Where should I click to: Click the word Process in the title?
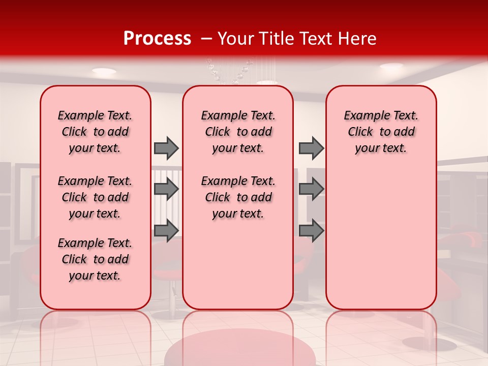(x=157, y=39)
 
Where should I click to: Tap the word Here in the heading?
(x=356, y=39)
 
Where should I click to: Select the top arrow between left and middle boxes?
(x=166, y=148)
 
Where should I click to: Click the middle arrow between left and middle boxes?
(x=166, y=189)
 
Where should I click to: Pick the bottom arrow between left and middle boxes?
(x=166, y=231)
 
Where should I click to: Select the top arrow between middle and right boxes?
(x=311, y=148)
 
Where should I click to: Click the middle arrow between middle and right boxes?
(x=311, y=189)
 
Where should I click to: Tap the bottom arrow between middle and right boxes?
(x=311, y=231)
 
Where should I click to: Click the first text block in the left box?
(x=95, y=132)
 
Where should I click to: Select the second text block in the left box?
(x=95, y=197)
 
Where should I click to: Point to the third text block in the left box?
(x=95, y=259)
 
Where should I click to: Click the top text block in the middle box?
(x=238, y=132)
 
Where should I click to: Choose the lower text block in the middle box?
(x=238, y=197)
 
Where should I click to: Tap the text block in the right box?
(x=381, y=132)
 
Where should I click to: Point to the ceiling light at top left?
(x=104, y=71)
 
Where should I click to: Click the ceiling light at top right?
(x=391, y=66)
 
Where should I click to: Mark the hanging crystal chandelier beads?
(x=229, y=71)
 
